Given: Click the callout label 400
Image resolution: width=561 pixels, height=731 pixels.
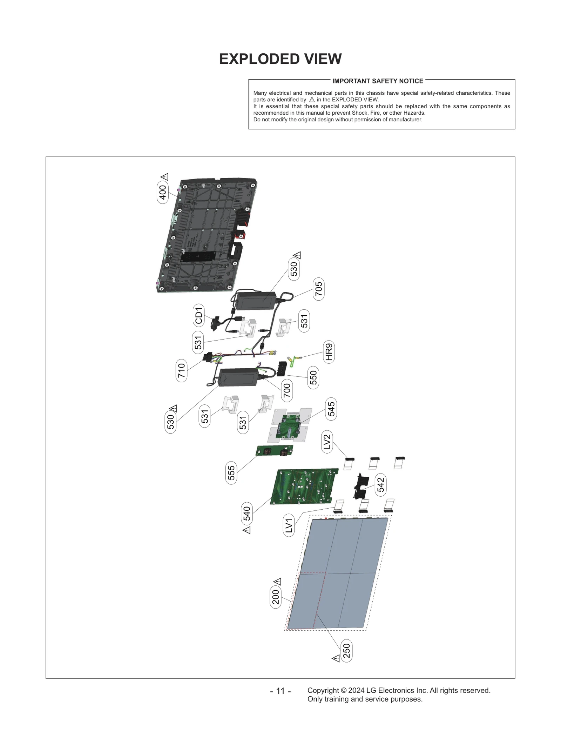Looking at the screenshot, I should pyautogui.click(x=163, y=192).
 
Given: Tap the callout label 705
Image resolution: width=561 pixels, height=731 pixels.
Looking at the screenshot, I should pyautogui.click(x=318, y=289).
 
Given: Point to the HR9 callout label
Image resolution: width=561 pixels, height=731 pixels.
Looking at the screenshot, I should pyautogui.click(x=329, y=352).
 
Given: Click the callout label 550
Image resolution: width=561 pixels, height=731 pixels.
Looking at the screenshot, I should pyautogui.click(x=313, y=377).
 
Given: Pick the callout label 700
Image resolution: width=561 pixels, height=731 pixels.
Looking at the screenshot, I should pyautogui.click(x=287, y=390).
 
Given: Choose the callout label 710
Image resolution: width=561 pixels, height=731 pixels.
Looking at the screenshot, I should pyautogui.click(x=181, y=370).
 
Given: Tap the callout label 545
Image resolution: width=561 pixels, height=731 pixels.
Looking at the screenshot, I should pyautogui.click(x=331, y=409).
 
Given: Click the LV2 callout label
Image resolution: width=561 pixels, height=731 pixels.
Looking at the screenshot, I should pyautogui.click(x=327, y=442).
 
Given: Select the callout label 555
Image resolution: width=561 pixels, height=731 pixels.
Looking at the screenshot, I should pyautogui.click(x=231, y=473).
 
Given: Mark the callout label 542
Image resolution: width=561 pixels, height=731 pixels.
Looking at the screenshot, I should pyautogui.click(x=380, y=485).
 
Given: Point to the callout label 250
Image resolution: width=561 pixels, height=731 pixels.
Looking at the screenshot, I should pyautogui.click(x=346, y=651).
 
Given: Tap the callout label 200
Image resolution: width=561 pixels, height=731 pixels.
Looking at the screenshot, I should pyautogui.click(x=276, y=597).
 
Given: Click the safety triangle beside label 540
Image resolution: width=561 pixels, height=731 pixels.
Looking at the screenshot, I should pyautogui.click(x=246, y=530).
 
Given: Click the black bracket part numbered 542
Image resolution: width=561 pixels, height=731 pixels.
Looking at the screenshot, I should pyautogui.click(x=360, y=486).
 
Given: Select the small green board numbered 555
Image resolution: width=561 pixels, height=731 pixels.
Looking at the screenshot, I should pyautogui.click(x=274, y=450).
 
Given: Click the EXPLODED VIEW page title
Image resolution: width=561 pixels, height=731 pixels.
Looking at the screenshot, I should pyautogui.click(x=280, y=59).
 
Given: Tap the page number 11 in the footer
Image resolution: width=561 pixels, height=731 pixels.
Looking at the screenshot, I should pyautogui.click(x=280, y=691).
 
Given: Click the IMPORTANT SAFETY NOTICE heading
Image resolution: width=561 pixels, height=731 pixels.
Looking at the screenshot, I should pyautogui.click(x=378, y=81).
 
